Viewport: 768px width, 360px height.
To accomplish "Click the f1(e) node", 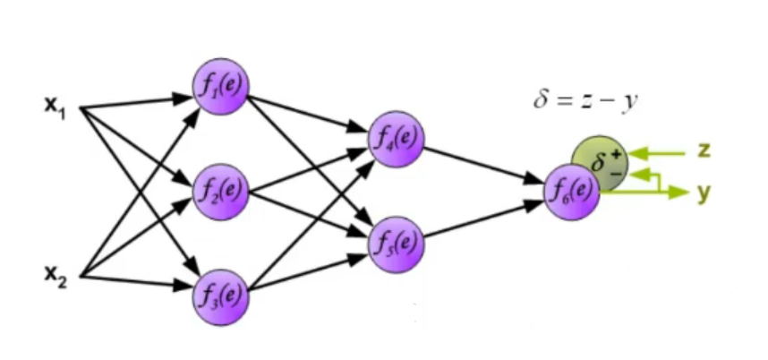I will (x=220, y=87).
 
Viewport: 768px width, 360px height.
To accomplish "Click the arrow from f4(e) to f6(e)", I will (x=483, y=165).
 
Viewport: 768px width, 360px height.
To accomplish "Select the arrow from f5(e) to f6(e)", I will (x=483, y=219).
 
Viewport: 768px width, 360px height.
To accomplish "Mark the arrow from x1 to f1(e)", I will (x=134, y=101).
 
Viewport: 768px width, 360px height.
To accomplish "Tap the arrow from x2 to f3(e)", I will (x=134, y=284).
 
